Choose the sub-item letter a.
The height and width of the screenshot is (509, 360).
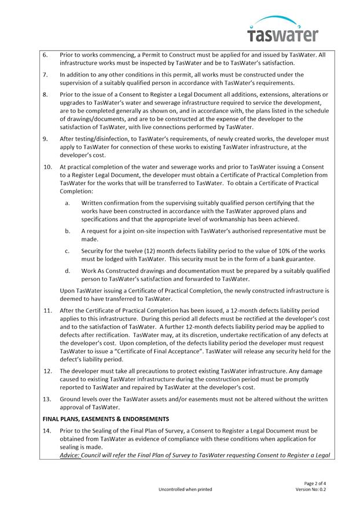click(x=68, y=203)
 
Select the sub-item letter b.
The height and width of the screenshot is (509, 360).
click(x=68, y=230)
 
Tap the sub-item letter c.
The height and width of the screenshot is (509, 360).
click(x=68, y=251)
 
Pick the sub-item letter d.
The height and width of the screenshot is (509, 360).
click(x=68, y=270)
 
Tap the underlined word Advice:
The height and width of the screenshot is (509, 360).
click(x=71, y=455)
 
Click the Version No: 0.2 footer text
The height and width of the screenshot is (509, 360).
click(x=311, y=489)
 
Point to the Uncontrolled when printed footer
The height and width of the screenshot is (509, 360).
click(x=185, y=489)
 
